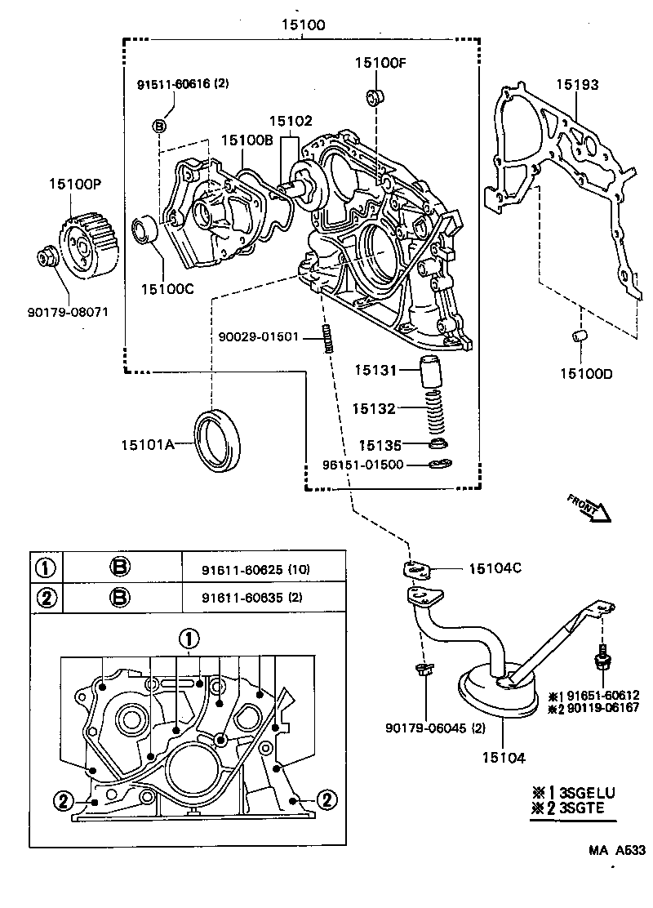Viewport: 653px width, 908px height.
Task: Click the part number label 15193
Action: click(577, 85)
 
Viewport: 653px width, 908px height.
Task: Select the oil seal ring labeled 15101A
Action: click(217, 440)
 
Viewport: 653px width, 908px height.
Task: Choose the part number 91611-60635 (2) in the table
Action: click(251, 597)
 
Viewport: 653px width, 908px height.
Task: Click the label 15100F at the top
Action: click(380, 62)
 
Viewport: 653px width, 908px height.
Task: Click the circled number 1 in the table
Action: click(47, 569)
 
